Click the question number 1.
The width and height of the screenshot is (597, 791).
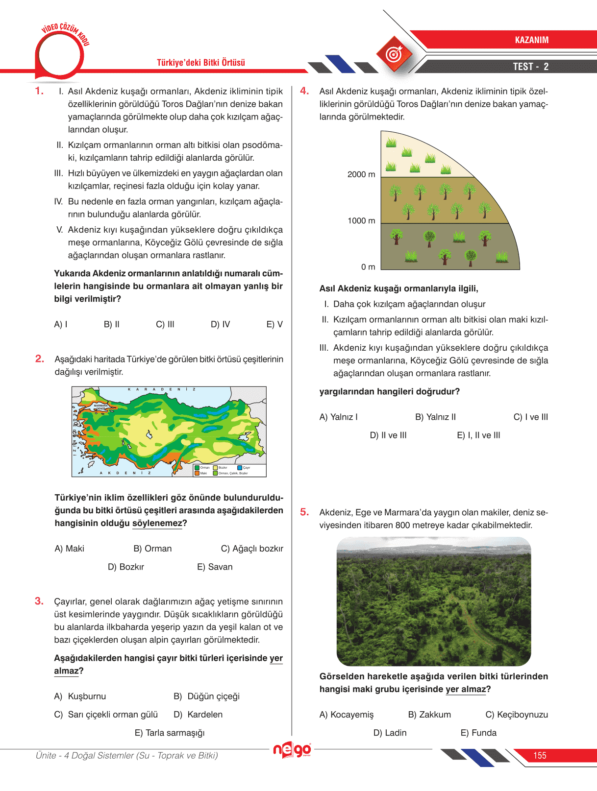click(39, 91)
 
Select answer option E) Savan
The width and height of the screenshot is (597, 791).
click(215, 567)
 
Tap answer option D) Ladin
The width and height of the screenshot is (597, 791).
click(390, 733)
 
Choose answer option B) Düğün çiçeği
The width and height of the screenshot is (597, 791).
click(206, 696)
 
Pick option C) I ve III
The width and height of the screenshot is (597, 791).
click(530, 417)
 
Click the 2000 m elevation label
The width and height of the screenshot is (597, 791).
click(361, 174)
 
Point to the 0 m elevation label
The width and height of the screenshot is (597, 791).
click(368, 267)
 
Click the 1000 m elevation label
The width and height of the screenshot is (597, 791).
click(361, 221)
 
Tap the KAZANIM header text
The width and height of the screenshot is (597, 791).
click(531, 40)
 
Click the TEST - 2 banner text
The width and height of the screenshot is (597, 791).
click(530, 67)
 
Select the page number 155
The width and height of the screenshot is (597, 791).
click(540, 755)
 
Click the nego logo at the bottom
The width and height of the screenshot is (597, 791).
click(292, 750)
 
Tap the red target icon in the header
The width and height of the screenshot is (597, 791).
click(394, 54)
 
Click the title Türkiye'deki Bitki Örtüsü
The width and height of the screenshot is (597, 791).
click(201, 63)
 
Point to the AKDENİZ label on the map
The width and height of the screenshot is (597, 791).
click(125, 473)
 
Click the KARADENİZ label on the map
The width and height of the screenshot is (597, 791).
click(162, 389)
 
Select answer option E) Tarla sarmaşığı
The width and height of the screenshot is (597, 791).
click(170, 733)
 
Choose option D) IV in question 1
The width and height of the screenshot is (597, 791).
click(220, 324)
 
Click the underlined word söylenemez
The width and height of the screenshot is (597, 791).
click(157, 523)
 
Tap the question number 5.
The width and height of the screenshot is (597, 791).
click(304, 512)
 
